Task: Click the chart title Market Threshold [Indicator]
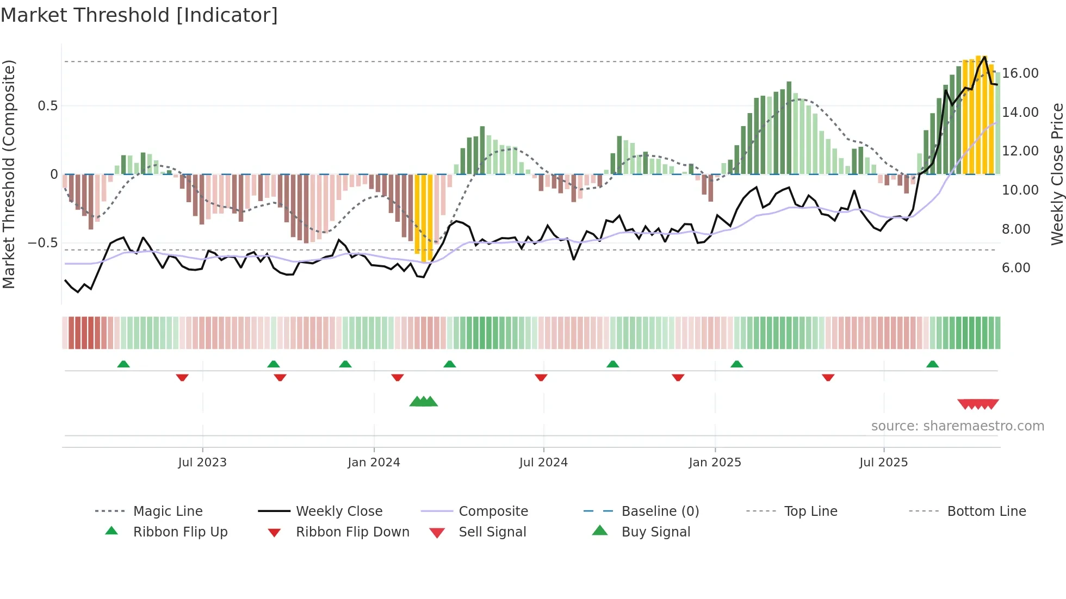click(x=139, y=15)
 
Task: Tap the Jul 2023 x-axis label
click(x=202, y=463)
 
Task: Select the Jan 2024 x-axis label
click(x=374, y=463)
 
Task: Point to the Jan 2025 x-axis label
click(x=715, y=463)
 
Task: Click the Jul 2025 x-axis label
click(x=883, y=463)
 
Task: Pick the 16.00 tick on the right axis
click(x=1020, y=73)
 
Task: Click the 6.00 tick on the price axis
click(x=1016, y=268)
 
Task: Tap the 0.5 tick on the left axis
click(x=47, y=106)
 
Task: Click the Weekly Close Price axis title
click(x=1057, y=174)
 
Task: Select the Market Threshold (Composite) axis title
click(x=9, y=174)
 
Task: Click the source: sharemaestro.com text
click(x=957, y=426)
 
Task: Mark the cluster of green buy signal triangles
click(x=423, y=402)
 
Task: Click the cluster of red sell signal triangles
click(x=978, y=404)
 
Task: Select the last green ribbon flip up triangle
click(x=932, y=364)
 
